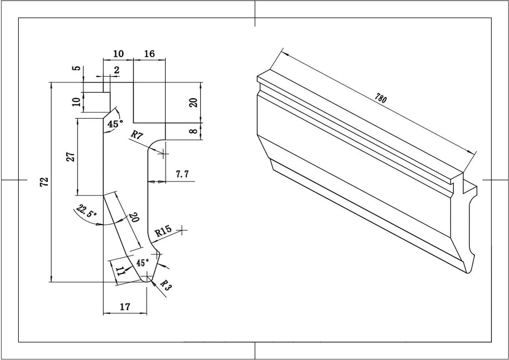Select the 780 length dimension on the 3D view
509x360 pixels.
(380, 99)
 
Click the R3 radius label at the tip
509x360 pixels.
(165, 286)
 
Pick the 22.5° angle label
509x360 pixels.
(87, 211)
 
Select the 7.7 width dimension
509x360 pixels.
(182, 174)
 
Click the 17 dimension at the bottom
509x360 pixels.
(124, 307)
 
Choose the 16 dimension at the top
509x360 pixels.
(149, 54)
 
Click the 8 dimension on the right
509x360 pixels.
(193, 131)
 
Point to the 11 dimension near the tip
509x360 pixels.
(120, 271)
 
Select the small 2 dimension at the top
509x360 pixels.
(116, 70)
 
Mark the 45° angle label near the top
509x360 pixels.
(115, 124)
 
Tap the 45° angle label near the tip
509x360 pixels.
(142, 263)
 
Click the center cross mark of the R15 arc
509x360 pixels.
(182, 230)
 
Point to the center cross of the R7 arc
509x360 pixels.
(163, 154)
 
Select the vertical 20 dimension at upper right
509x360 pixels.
(193, 101)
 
